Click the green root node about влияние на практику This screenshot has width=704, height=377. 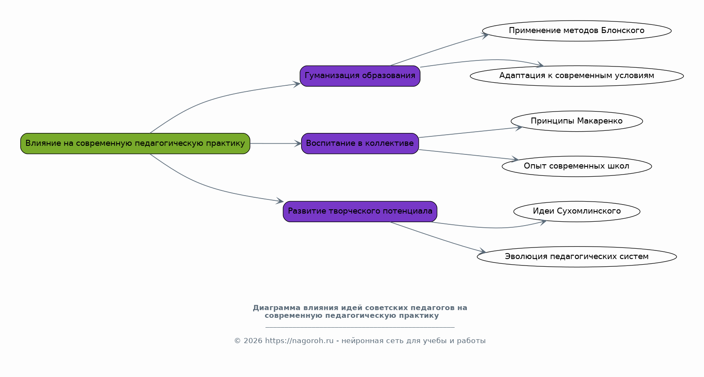coord(135,143)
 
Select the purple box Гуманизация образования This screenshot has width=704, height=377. coord(360,76)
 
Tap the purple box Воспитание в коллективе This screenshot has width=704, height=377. coord(360,143)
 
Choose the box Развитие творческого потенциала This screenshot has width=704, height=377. coord(360,211)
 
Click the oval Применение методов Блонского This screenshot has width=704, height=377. coord(577,31)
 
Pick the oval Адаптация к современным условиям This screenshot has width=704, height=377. coord(577,76)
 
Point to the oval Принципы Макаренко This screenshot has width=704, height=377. coord(577,121)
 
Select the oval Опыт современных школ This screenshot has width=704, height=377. coord(577,166)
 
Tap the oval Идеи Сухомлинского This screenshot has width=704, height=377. coord(577,211)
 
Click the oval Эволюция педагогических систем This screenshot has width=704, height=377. coord(577,256)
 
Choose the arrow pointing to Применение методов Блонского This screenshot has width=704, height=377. coord(438,50)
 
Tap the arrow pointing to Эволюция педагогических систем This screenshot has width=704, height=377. coord(438,237)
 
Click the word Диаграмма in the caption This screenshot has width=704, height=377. coord(276,308)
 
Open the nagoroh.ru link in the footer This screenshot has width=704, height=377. coord(299,341)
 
